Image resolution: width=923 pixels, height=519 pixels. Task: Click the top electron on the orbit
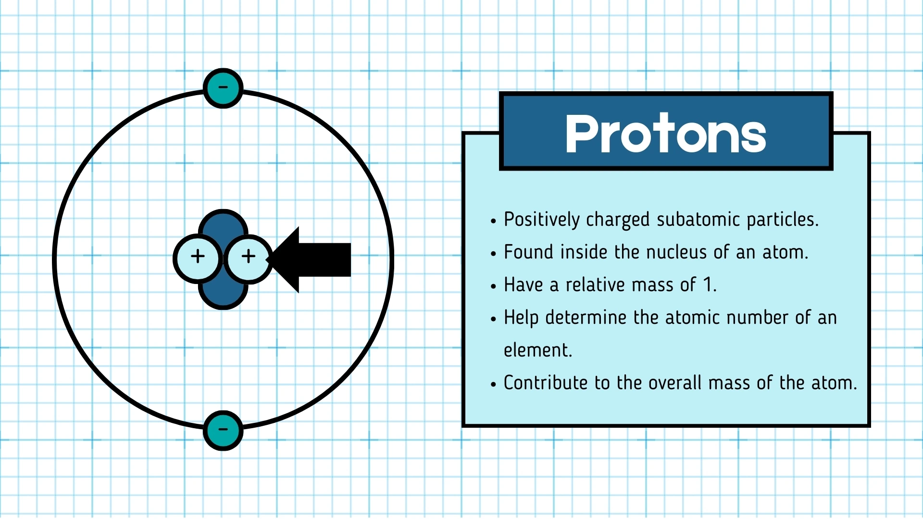(223, 88)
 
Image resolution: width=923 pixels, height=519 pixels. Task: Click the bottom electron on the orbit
(223, 430)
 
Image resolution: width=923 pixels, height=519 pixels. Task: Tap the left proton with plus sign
(198, 258)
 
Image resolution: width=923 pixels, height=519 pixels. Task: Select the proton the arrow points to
(248, 258)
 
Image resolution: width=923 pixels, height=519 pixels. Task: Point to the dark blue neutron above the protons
(223, 223)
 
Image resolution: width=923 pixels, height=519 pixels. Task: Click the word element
(537, 350)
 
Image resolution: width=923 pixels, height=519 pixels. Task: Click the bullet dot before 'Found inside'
(493, 254)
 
